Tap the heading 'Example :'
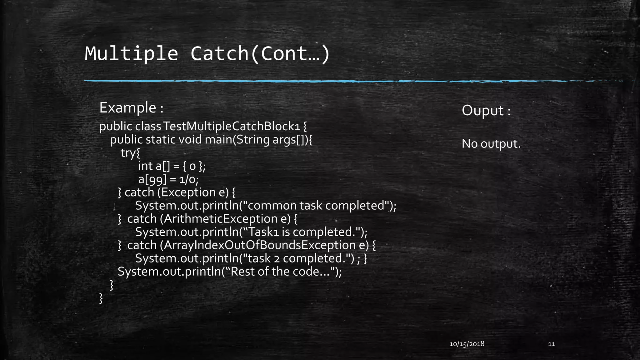[x=131, y=108]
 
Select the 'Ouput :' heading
[x=486, y=111]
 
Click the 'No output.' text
[x=491, y=144]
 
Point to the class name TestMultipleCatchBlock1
[x=232, y=126]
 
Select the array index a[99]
[x=152, y=179]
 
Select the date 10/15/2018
[x=467, y=344]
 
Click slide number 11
[x=552, y=344]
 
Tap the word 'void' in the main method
[x=190, y=139]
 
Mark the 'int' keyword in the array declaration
[x=145, y=166]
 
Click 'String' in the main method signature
[x=253, y=139]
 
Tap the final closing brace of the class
[x=101, y=298]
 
